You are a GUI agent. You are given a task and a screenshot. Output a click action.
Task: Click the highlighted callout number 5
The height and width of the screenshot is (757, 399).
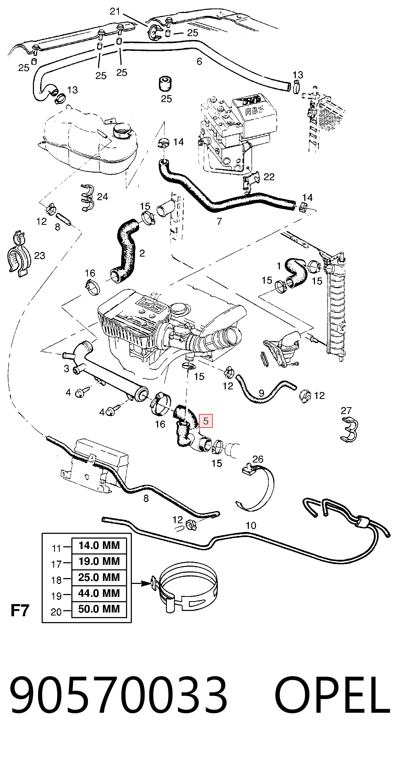206,421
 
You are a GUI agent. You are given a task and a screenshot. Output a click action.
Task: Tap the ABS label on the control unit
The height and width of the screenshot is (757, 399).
255,111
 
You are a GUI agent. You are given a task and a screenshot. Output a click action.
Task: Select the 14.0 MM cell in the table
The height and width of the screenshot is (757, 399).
99,545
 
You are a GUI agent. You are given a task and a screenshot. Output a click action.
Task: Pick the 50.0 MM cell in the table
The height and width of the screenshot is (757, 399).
99,609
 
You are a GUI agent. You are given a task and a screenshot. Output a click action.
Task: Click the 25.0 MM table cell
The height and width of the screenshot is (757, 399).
99,577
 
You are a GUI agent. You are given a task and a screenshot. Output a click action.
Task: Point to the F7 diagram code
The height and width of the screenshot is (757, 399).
20,610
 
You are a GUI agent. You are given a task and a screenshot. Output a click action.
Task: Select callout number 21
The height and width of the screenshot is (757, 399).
115,11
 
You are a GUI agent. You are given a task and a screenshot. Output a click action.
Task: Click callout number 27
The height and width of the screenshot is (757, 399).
346,411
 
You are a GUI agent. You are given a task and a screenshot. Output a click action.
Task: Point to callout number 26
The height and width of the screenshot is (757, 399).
258,459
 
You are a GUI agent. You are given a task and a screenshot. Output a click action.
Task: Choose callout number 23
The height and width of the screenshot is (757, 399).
40,256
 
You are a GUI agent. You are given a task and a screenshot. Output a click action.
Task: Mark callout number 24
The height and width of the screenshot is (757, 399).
102,197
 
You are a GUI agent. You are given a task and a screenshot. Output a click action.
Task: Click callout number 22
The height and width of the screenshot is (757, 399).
269,177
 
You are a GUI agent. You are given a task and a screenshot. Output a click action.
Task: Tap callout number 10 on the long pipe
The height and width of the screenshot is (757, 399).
251,525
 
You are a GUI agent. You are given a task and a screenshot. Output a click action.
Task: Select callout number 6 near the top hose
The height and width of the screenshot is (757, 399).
199,61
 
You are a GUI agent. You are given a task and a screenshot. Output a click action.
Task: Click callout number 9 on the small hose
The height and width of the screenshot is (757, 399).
261,393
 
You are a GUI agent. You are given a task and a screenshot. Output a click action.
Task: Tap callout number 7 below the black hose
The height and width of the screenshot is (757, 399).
219,221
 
